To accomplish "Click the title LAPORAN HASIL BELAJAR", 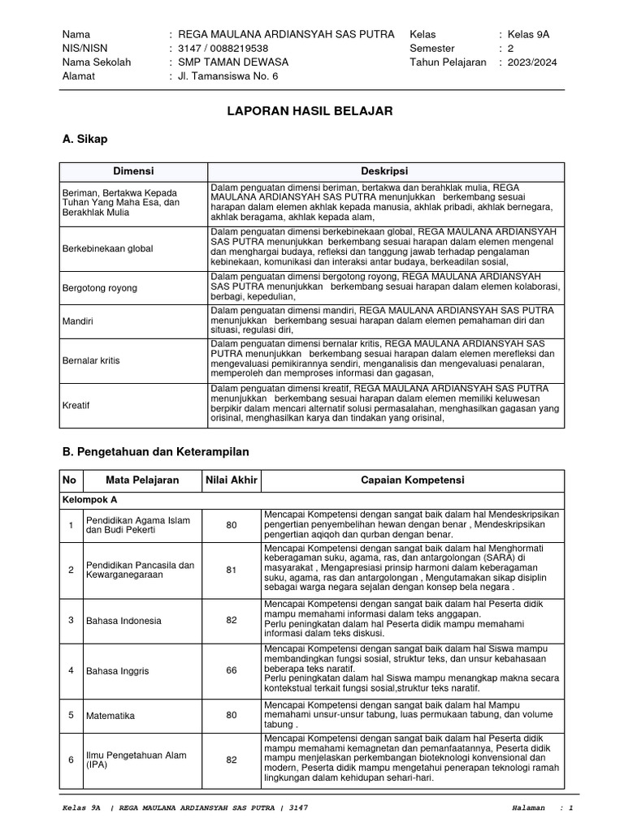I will [x=311, y=111].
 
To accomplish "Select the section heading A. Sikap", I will [x=84, y=140].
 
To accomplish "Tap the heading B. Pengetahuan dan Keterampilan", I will [x=155, y=450].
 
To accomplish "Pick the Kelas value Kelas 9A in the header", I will [x=528, y=34].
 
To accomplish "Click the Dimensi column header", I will [x=133, y=171].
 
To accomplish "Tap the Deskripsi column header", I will [x=384, y=171].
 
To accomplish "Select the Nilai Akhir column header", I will [x=231, y=480].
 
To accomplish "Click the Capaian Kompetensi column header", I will [x=412, y=480].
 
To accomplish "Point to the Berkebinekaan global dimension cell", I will [x=107, y=248].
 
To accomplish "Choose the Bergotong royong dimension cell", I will [x=100, y=288].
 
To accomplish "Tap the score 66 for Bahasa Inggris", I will [x=232, y=671].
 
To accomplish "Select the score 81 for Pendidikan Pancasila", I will [x=232, y=570].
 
